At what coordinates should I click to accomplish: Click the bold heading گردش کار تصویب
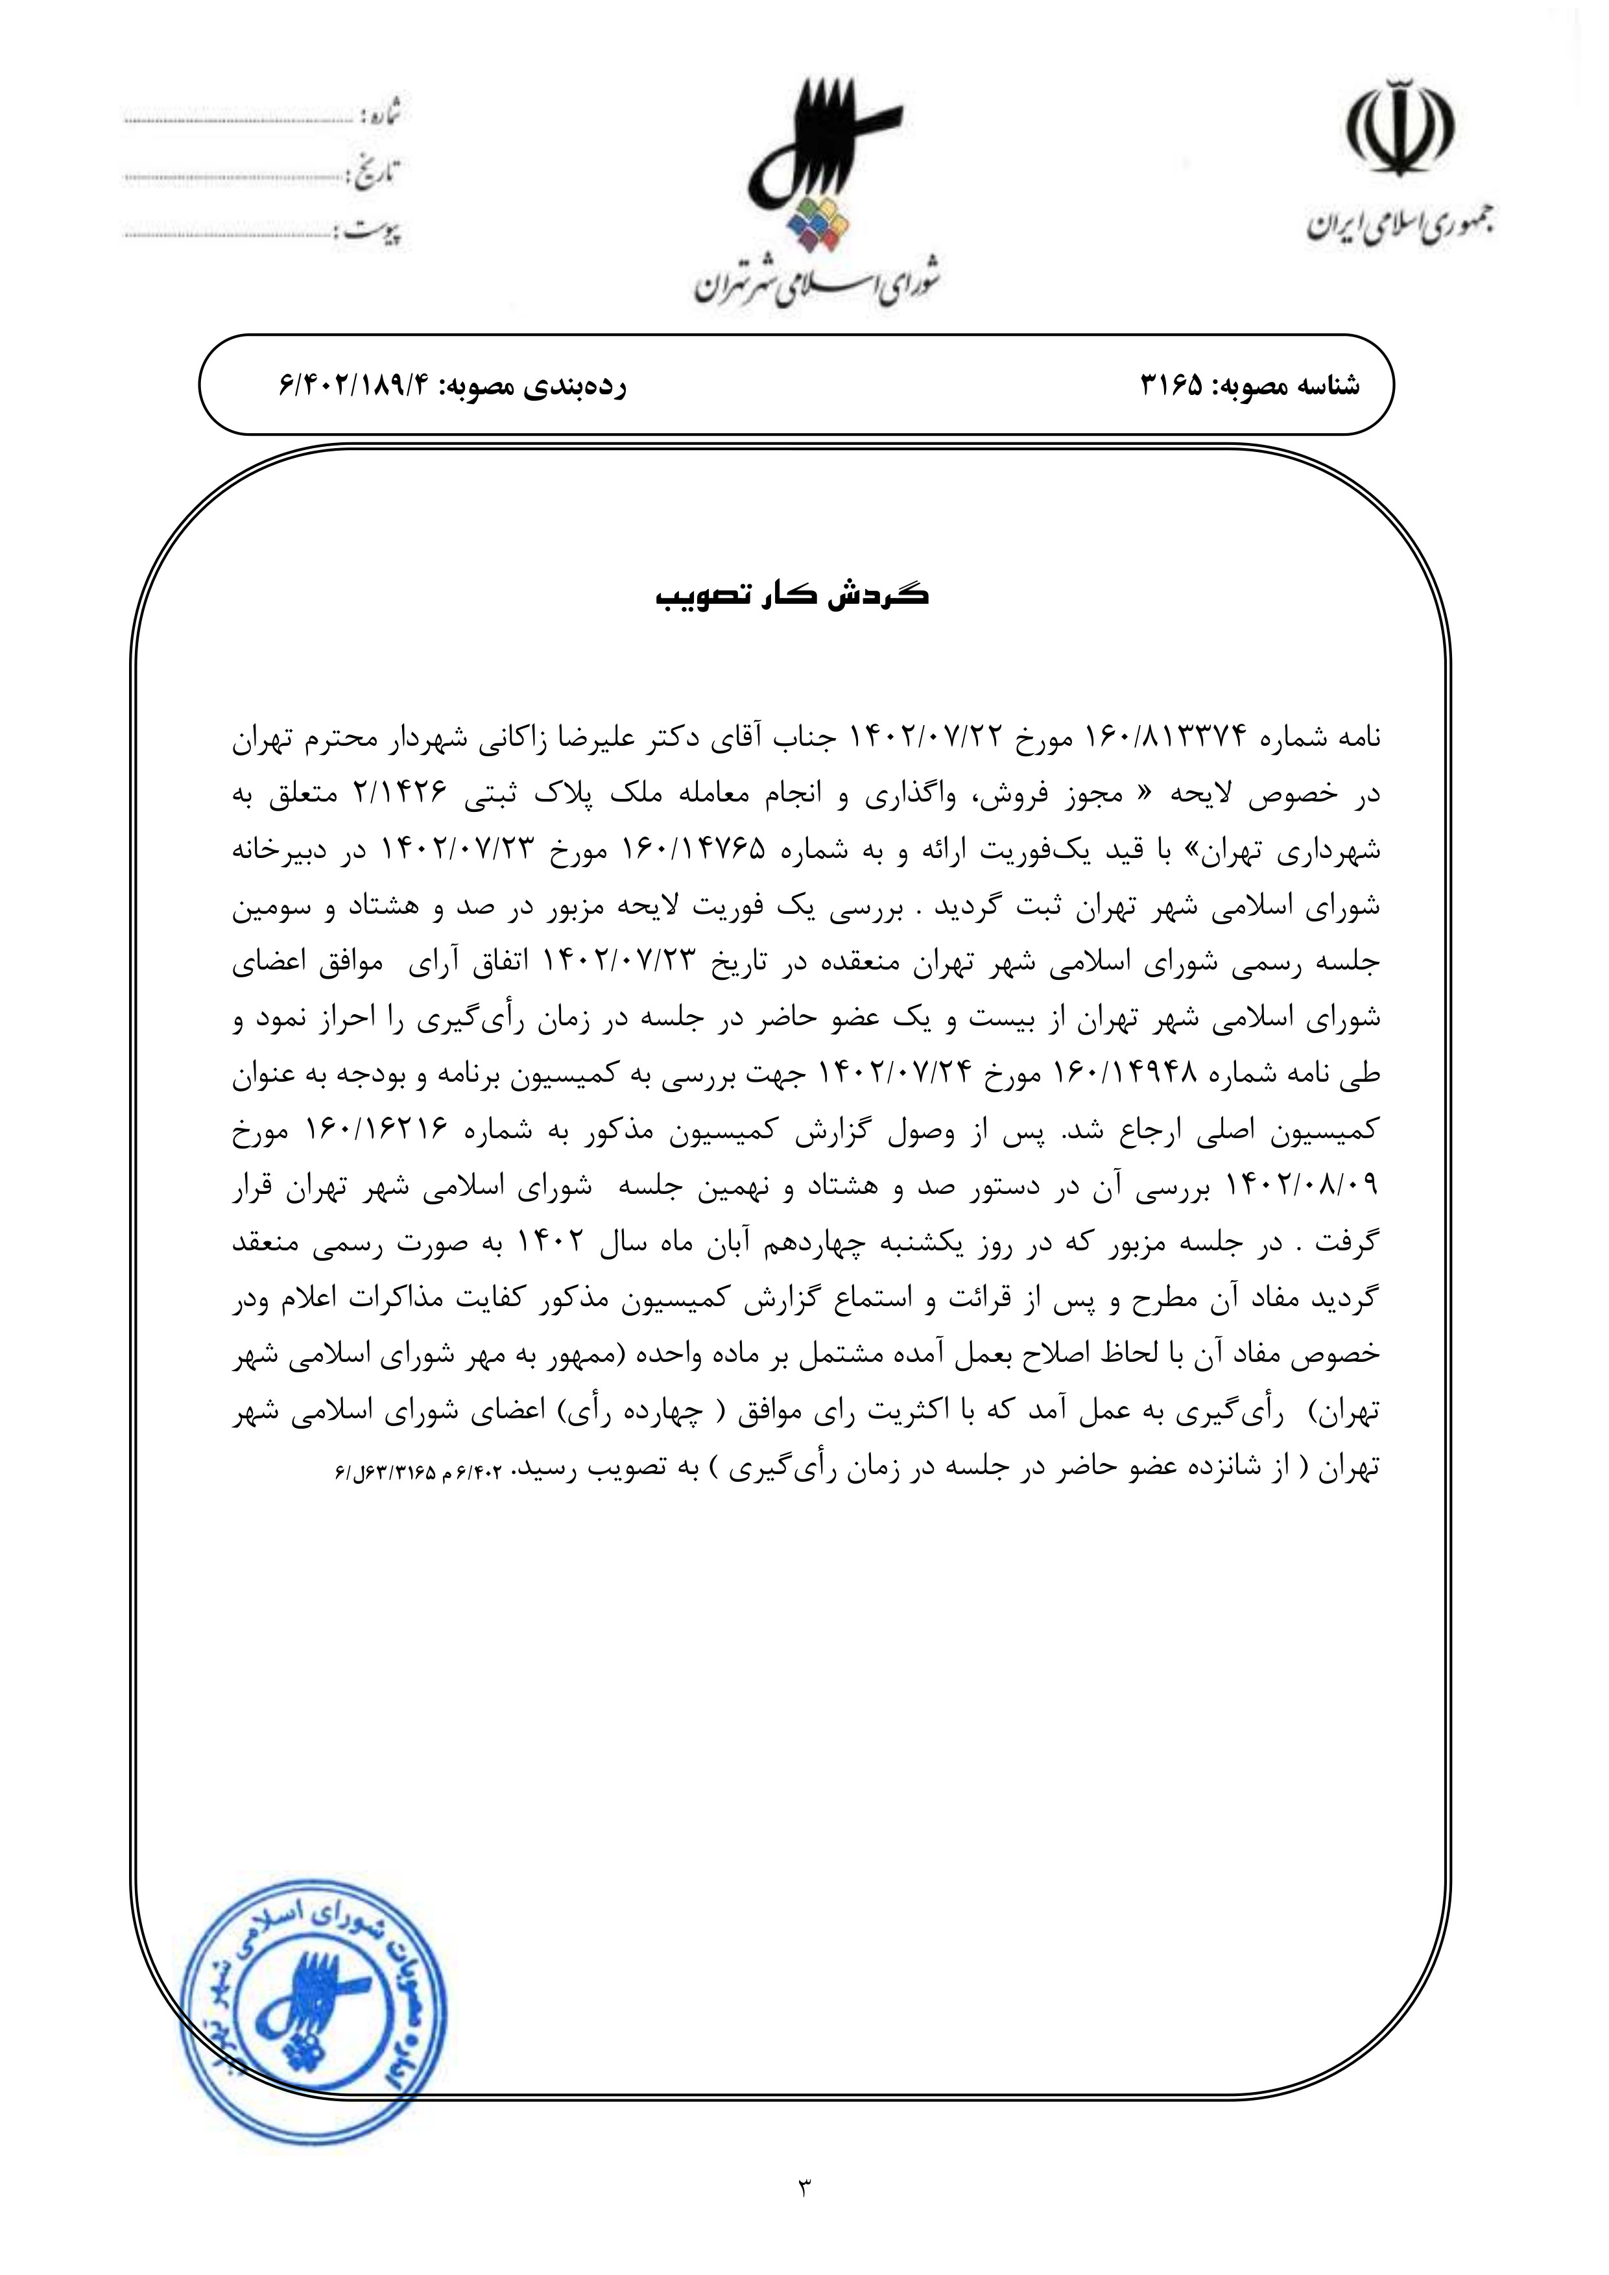point(792,597)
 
